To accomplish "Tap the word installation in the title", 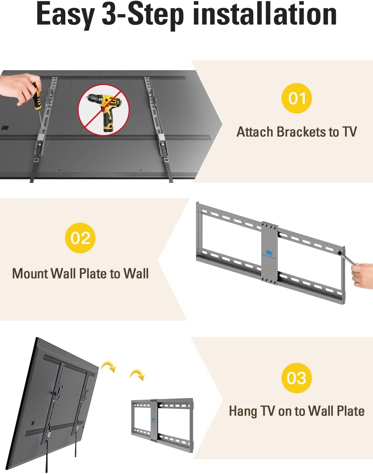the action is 265,14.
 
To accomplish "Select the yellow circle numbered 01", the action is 297,98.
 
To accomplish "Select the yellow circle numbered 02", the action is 80,238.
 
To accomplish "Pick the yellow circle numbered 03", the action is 297,378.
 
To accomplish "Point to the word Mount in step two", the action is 30,274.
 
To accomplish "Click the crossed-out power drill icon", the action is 104,110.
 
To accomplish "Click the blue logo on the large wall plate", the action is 269,254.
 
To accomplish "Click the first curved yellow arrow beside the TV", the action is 109,367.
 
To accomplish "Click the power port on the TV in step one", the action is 5,128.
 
